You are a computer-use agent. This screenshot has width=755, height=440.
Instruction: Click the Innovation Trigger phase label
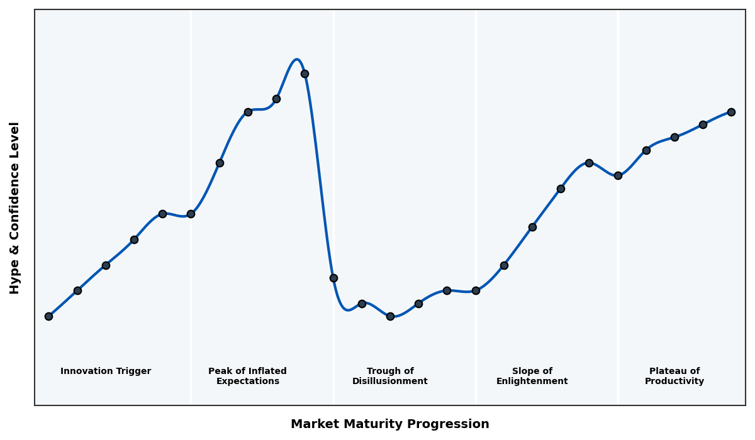coord(106,371)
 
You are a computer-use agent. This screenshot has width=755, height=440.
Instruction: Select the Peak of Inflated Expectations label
coord(247,376)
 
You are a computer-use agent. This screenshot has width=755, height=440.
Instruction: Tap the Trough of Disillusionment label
coord(389,376)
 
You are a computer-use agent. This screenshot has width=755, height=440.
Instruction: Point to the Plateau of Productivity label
coord(674,376)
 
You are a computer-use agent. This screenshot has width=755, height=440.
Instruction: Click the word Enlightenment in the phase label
coord(532,382)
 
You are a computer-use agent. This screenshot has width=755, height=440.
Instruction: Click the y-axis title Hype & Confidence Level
coord(15,207)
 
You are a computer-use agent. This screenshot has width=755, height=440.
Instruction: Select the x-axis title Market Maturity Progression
coord(389,424)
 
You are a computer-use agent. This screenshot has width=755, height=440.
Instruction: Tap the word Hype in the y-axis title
coord(15,280)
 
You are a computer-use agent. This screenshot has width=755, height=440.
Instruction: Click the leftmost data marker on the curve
coord(48,316)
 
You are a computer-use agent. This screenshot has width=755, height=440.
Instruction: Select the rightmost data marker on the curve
coord(731,112)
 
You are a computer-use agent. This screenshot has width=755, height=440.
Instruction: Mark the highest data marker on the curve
coord(305,74)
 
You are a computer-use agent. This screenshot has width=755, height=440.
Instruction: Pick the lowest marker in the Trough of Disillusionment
coord(390,316)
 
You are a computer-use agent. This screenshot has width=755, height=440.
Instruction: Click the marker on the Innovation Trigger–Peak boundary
coord(191,214)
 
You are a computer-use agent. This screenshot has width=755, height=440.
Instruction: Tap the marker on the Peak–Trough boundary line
coord(333,278)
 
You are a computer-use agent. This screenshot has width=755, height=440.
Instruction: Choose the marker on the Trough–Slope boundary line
coord(476,290)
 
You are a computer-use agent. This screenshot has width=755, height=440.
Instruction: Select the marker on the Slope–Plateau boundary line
coord(618,175)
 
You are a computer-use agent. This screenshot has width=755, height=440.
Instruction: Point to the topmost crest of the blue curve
coord(297,60)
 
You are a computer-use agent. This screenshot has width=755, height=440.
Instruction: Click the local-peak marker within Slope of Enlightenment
coord(589,163)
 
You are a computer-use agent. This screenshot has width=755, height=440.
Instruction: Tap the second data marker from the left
coord(77,290)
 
